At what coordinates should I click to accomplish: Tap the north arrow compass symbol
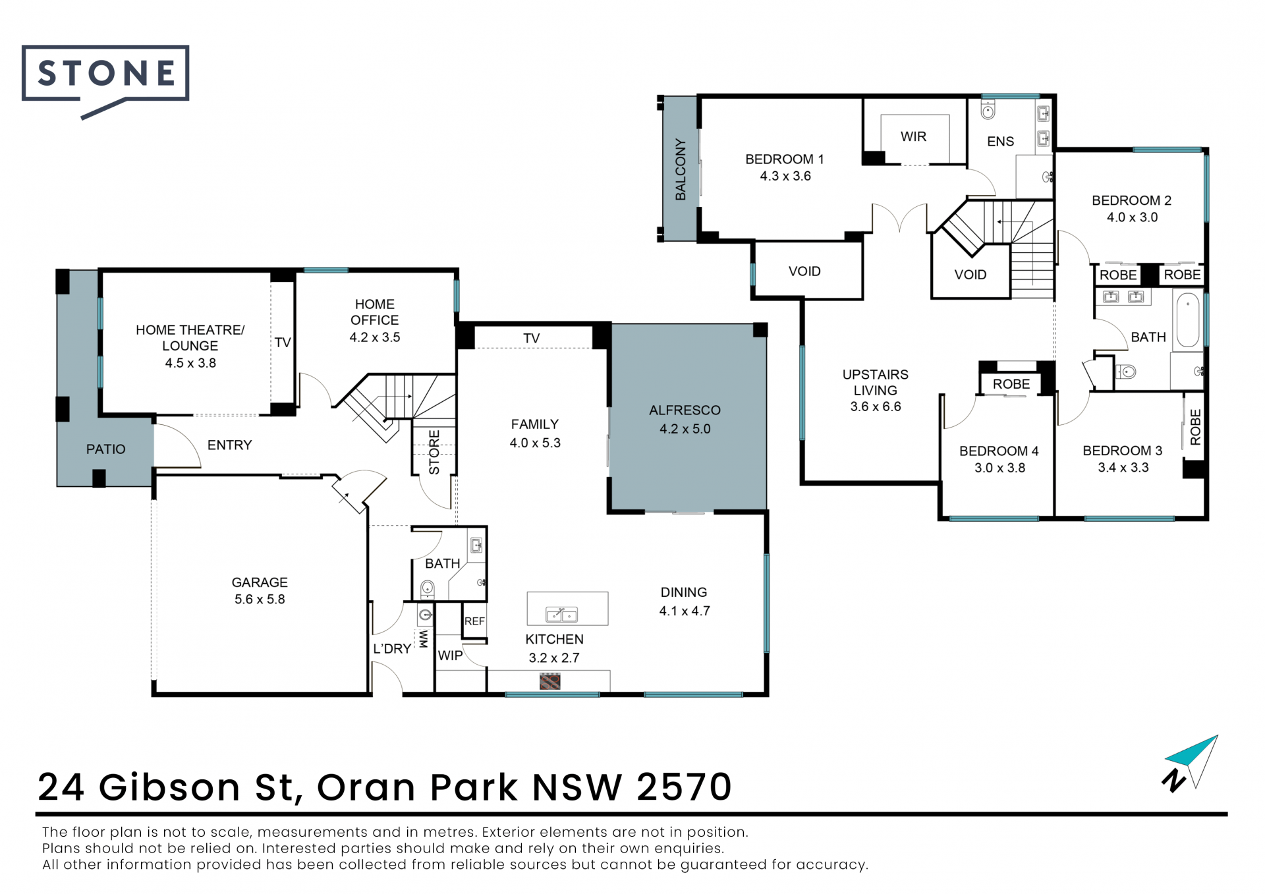[x=1191, y=764]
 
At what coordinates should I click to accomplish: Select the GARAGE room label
[x=260, y=582]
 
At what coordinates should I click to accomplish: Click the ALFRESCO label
[x=685, y=410]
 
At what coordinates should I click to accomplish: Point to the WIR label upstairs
[x=913, y=136]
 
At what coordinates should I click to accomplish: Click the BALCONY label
[x=681, y=169]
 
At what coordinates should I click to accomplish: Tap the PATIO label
[x=105, y=449]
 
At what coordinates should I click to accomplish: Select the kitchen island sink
[x=561, y=615]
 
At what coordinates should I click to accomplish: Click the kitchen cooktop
[x=549, y=681]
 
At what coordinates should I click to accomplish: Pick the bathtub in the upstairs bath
[x=1188, y=321]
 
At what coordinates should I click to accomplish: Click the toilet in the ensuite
[x=988, y=109]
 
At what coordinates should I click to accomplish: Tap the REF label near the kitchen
[x=474, y=621]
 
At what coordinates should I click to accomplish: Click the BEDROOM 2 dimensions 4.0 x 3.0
[x=1132, y=217]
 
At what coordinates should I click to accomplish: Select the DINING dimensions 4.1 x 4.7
[x=685, y=611]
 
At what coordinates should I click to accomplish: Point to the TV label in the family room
[x=532, y=339]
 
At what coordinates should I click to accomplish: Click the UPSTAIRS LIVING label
[x=876, y=382]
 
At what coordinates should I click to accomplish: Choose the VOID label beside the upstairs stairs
[x=970, y=275]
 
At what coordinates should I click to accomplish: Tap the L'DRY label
[x=392, y=649]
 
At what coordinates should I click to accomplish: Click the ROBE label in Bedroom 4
[x=1011, y=384]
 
